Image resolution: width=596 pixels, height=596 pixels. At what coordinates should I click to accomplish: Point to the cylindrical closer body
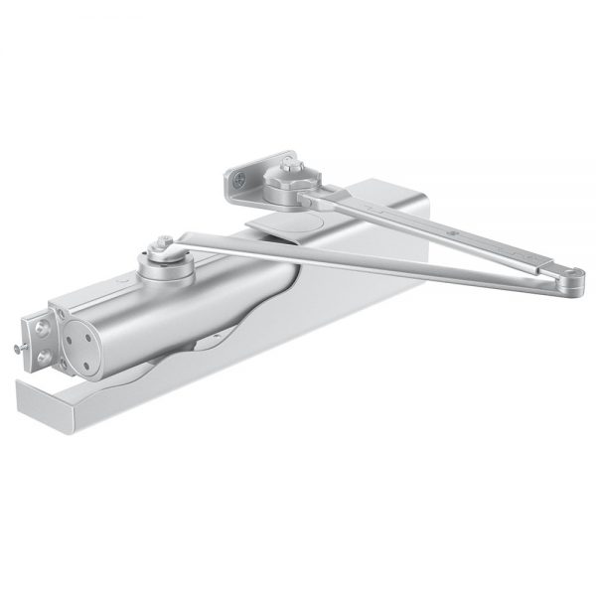pos(189,298)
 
